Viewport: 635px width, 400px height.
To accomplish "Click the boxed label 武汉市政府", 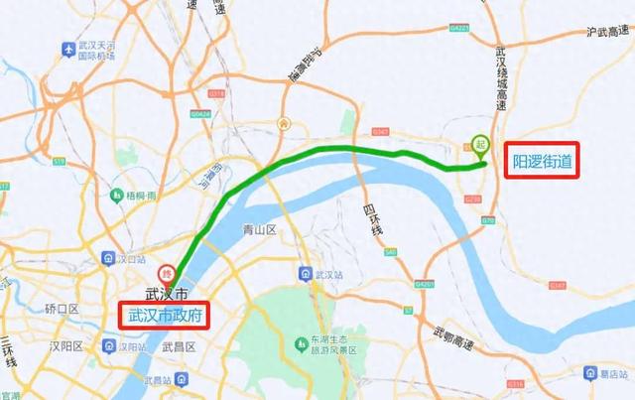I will coord(167,316).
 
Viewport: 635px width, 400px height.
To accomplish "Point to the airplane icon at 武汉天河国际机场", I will coord(66,48).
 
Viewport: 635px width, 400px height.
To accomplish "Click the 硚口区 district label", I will coord(60,309).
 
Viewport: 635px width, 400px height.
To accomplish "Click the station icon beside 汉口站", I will coord(109,260).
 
